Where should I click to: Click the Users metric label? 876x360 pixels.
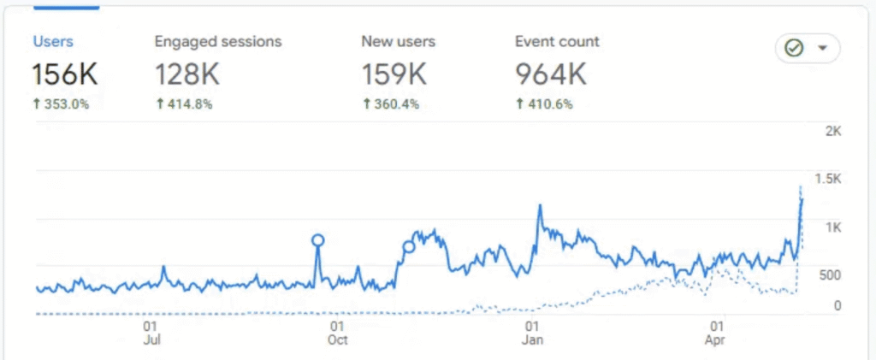[53, 41]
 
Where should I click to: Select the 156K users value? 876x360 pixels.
[65, 74]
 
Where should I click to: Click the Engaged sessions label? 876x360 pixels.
[217, 41]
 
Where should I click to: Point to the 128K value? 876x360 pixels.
[187, 74]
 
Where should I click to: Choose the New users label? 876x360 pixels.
[398, 41]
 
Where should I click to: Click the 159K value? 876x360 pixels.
[394, 74]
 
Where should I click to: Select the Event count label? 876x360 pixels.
[557, 41]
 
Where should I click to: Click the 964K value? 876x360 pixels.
[551, 74]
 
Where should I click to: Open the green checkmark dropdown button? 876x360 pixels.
[807, 49]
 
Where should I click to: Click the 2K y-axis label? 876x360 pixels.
[833, 131]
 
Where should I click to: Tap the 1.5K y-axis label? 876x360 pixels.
[829, 179]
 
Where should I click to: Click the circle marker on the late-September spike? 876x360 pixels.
[318, 240]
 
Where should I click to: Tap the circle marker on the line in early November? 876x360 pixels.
[408, 247]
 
